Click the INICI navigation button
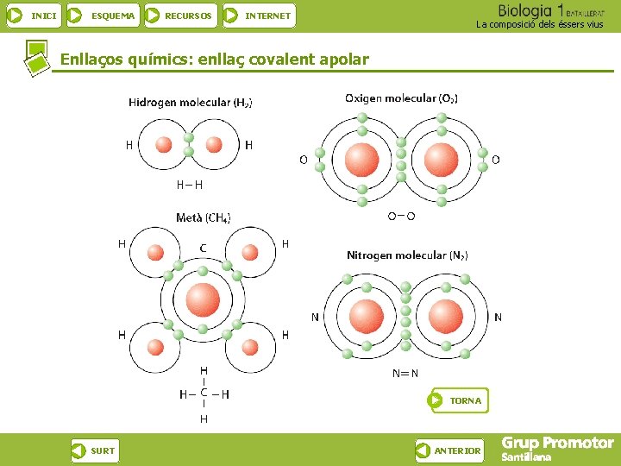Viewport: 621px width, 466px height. (x=34, y=16)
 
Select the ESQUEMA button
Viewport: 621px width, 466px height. (x=103, y=16)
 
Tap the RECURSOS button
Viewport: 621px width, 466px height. (x=179, y=16)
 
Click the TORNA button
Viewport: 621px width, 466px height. (x=458, y=400)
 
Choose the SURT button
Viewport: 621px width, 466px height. (x=94, y=450)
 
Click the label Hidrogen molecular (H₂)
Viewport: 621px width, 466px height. (x=191, y=102)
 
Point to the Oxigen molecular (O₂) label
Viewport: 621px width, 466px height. (x=401, y=98)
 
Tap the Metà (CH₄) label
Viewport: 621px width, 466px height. (x=204, y=217)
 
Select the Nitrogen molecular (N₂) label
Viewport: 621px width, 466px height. (x=407, y=255)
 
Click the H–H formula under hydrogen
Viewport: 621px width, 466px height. (x=190, y=184)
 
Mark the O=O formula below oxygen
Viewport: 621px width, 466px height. (x=401, y=217)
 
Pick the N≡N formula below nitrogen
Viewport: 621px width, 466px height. (x=405, y=374)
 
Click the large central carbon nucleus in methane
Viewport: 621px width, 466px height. (x=203, y=299)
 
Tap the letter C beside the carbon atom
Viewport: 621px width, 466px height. (x=203, y=249)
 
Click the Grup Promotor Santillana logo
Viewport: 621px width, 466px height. (x=557, y=449)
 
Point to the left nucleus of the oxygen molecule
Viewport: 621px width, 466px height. (x=361, y=160)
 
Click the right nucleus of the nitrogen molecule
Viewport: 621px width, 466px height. (x=445, y=316)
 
